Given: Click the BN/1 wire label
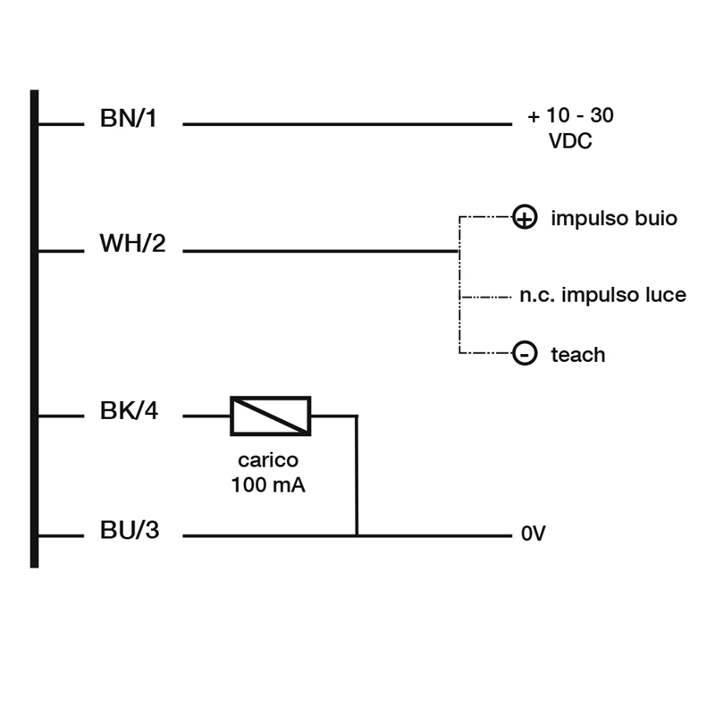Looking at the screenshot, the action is [x=128, y=118].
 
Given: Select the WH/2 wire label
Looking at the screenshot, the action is [x=132, y=243].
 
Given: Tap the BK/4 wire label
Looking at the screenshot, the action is [x=129, y=410].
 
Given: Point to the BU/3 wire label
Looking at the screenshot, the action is [x=130, y=530].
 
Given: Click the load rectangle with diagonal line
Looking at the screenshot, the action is [x=271, y=416].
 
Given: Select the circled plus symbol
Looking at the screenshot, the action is [x=525, y=216].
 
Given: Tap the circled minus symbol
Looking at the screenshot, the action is [x=525, y=353].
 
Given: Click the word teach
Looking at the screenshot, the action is [x=578, y=355].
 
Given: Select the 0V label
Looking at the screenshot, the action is [x=534, y=533].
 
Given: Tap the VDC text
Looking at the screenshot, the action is [x=570, y=141].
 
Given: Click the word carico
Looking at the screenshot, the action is [x=268, y=460].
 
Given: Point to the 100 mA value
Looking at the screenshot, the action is [x=268, y=484].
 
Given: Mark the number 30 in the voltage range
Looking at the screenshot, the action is [x=601, y=115].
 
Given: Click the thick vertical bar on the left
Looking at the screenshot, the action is [x=34, y=329].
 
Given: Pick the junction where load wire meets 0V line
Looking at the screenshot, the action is [x=357, y=535].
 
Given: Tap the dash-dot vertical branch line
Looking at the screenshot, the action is [x=459, y=284].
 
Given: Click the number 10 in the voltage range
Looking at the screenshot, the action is [x=558, y=115].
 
